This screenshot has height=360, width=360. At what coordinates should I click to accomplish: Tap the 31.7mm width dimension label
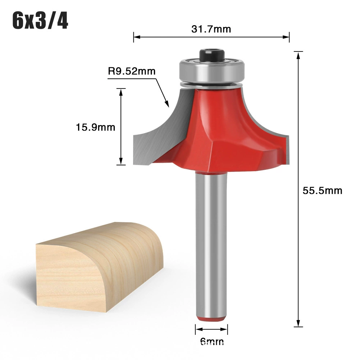[x=211, y=29]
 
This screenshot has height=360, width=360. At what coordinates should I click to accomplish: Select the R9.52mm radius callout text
[x=132, y=71]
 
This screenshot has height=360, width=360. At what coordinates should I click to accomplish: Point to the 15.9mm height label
[x=96, y=127]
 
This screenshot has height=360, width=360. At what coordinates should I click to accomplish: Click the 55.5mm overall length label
[x=322, y=191]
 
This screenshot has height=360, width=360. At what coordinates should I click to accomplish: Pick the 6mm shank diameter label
[x=212, y=342]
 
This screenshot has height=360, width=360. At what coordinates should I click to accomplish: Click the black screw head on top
[x=212, y=55]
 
